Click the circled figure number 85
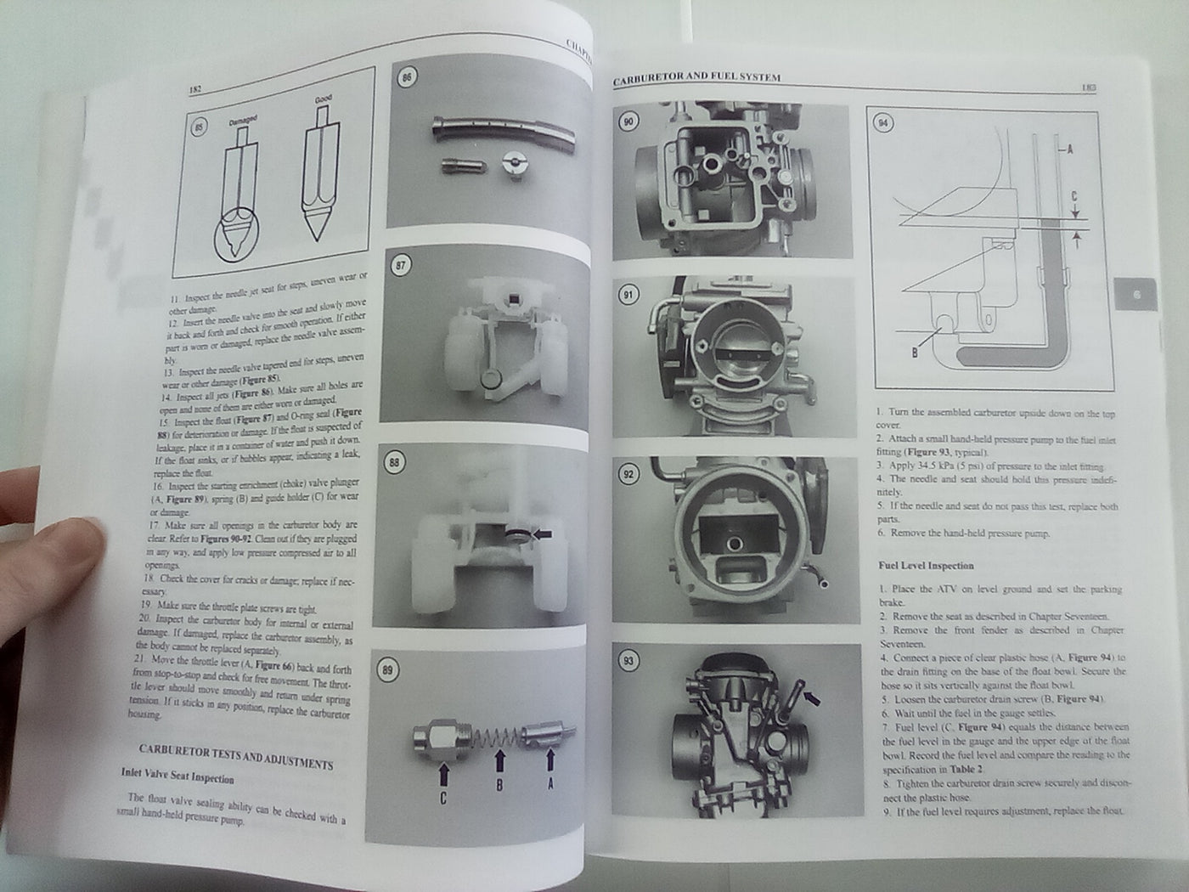[200, 128]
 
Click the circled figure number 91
[628, 296]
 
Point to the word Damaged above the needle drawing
[243, 121]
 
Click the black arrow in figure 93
[813, 698]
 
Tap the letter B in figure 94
[915, 351]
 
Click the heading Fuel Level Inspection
[926, 565]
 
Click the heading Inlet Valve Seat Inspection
[178, 775]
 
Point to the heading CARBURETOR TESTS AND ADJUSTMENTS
[235, 756]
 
